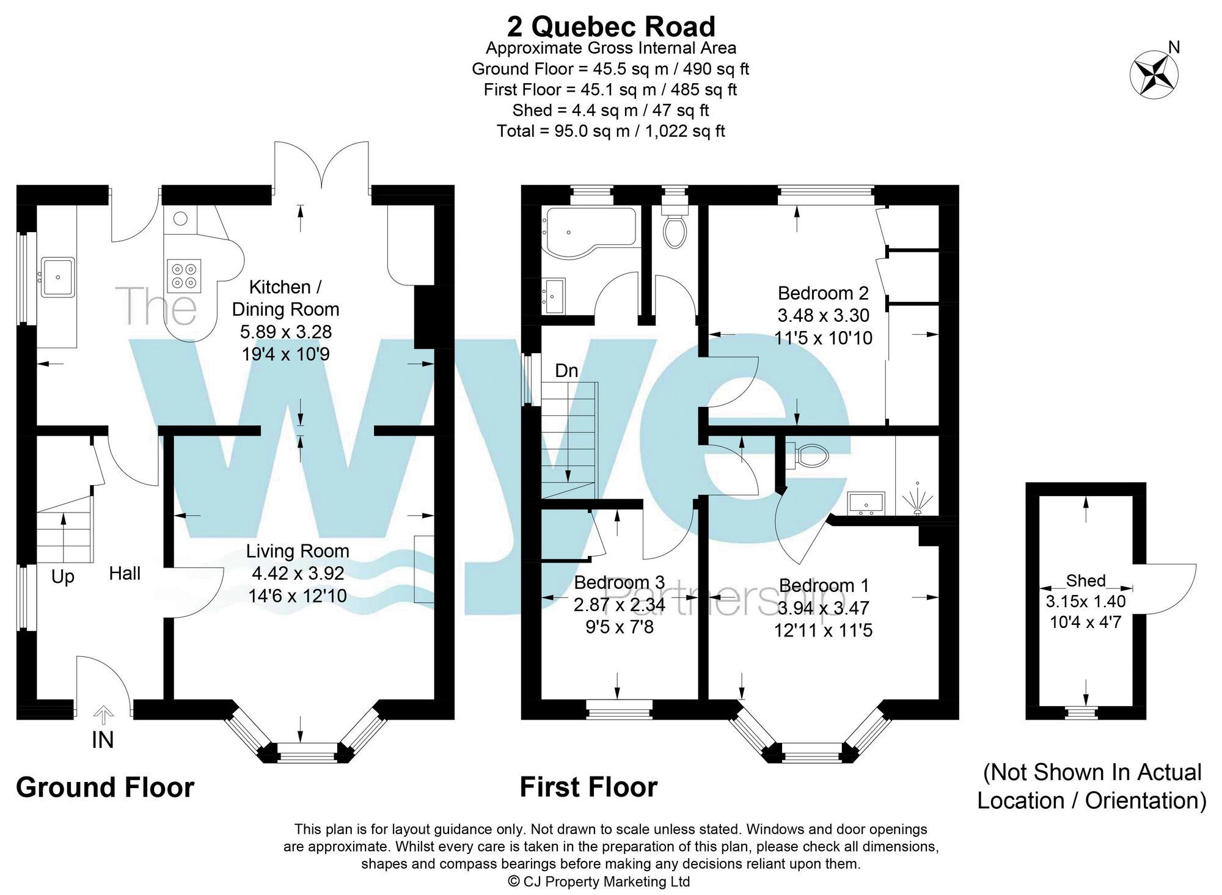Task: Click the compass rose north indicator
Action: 1154,75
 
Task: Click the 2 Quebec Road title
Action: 611,27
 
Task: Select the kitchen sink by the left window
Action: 58,277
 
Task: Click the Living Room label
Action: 298,551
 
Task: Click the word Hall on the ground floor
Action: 125,574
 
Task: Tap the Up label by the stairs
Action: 62,577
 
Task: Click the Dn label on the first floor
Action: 566,371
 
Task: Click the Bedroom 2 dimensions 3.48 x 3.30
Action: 823,316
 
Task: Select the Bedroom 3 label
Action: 619,582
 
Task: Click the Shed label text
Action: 1086,580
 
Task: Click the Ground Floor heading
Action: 105,787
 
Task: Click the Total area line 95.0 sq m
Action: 611,131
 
